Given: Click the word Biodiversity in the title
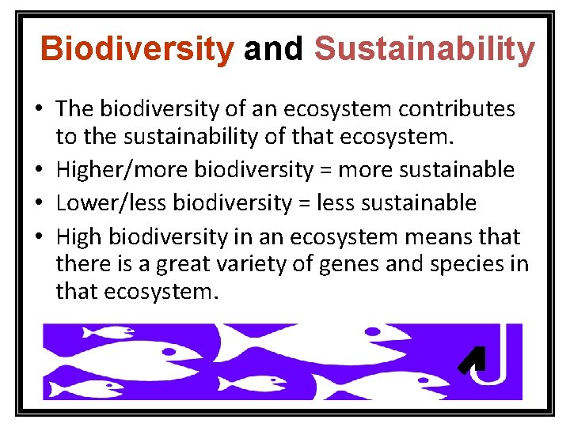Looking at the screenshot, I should tap(137, 49).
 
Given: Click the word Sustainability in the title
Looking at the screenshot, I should tap(424, 49).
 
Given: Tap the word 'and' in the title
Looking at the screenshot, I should tap(273, 49).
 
